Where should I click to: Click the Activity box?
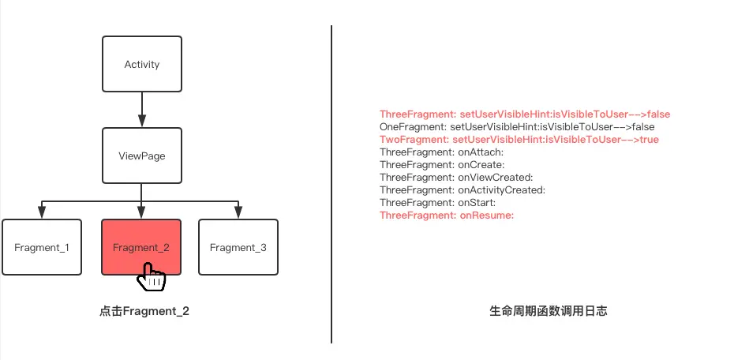point(142,64)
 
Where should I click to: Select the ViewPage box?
point(142,156)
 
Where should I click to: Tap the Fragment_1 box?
point(42,247)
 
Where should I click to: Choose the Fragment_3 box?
point(238,247)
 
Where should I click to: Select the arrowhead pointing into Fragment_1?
point(42,212)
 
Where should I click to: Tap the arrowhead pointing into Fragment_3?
point(238,212)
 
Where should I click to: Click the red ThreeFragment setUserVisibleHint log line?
point(524,114)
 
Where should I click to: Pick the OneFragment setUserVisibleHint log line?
point(516,127)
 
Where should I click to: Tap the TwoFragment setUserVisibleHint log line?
point(519,140)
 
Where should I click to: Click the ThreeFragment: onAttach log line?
point(441,152)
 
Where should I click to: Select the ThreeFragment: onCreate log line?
point(442,165)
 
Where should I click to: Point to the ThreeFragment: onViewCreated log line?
point(456,178)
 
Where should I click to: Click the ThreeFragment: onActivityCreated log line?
point(462,190)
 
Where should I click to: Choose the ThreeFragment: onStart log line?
point(437,203)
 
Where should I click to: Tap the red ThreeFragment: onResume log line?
point(447,216)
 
